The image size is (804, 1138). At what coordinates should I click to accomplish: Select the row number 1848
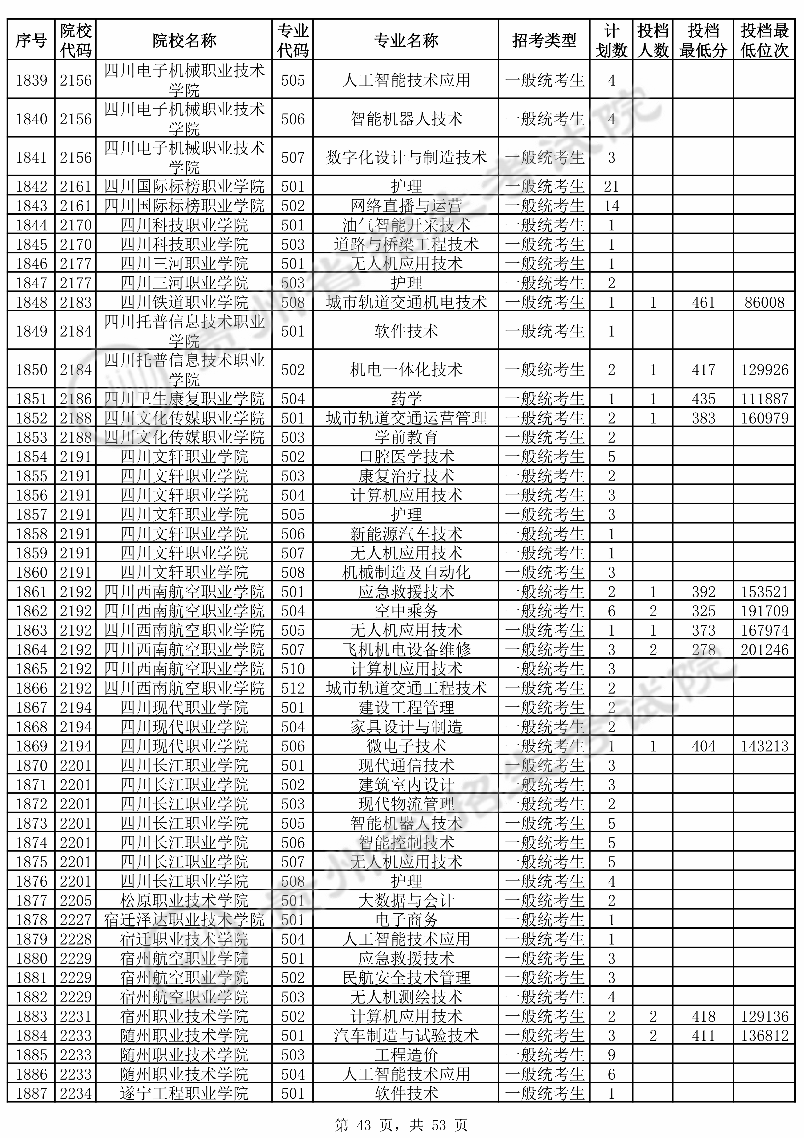(x=31, y=302)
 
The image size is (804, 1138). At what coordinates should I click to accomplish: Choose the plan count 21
(x=611, y=186)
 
